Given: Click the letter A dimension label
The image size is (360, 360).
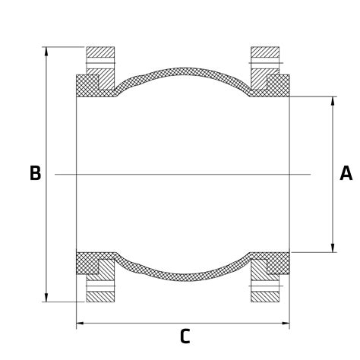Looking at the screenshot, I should tap(346, 174).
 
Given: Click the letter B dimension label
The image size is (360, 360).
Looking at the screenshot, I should tap(35, 174).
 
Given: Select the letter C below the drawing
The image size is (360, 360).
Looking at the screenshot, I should tap(185, 337).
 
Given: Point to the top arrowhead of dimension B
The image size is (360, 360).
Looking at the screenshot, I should tap(46, 52).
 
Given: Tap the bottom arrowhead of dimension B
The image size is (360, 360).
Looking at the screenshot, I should tap(46, 297).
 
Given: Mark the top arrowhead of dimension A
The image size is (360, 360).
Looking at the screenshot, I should tap(333, 101).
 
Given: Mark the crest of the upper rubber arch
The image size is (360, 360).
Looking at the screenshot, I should tap(183, 71).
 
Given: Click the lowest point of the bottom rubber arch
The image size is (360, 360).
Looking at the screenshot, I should tap(183, 277).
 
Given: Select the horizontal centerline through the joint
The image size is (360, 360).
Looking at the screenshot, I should tap(182, 175).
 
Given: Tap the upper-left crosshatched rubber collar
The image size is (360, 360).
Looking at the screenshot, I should tap(87, 85).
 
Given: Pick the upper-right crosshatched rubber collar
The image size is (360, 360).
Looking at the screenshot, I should tap(279, 85).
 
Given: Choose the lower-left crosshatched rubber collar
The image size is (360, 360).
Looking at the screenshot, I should tap(87, 263).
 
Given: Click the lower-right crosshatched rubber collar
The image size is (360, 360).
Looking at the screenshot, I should tap(279, 263).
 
